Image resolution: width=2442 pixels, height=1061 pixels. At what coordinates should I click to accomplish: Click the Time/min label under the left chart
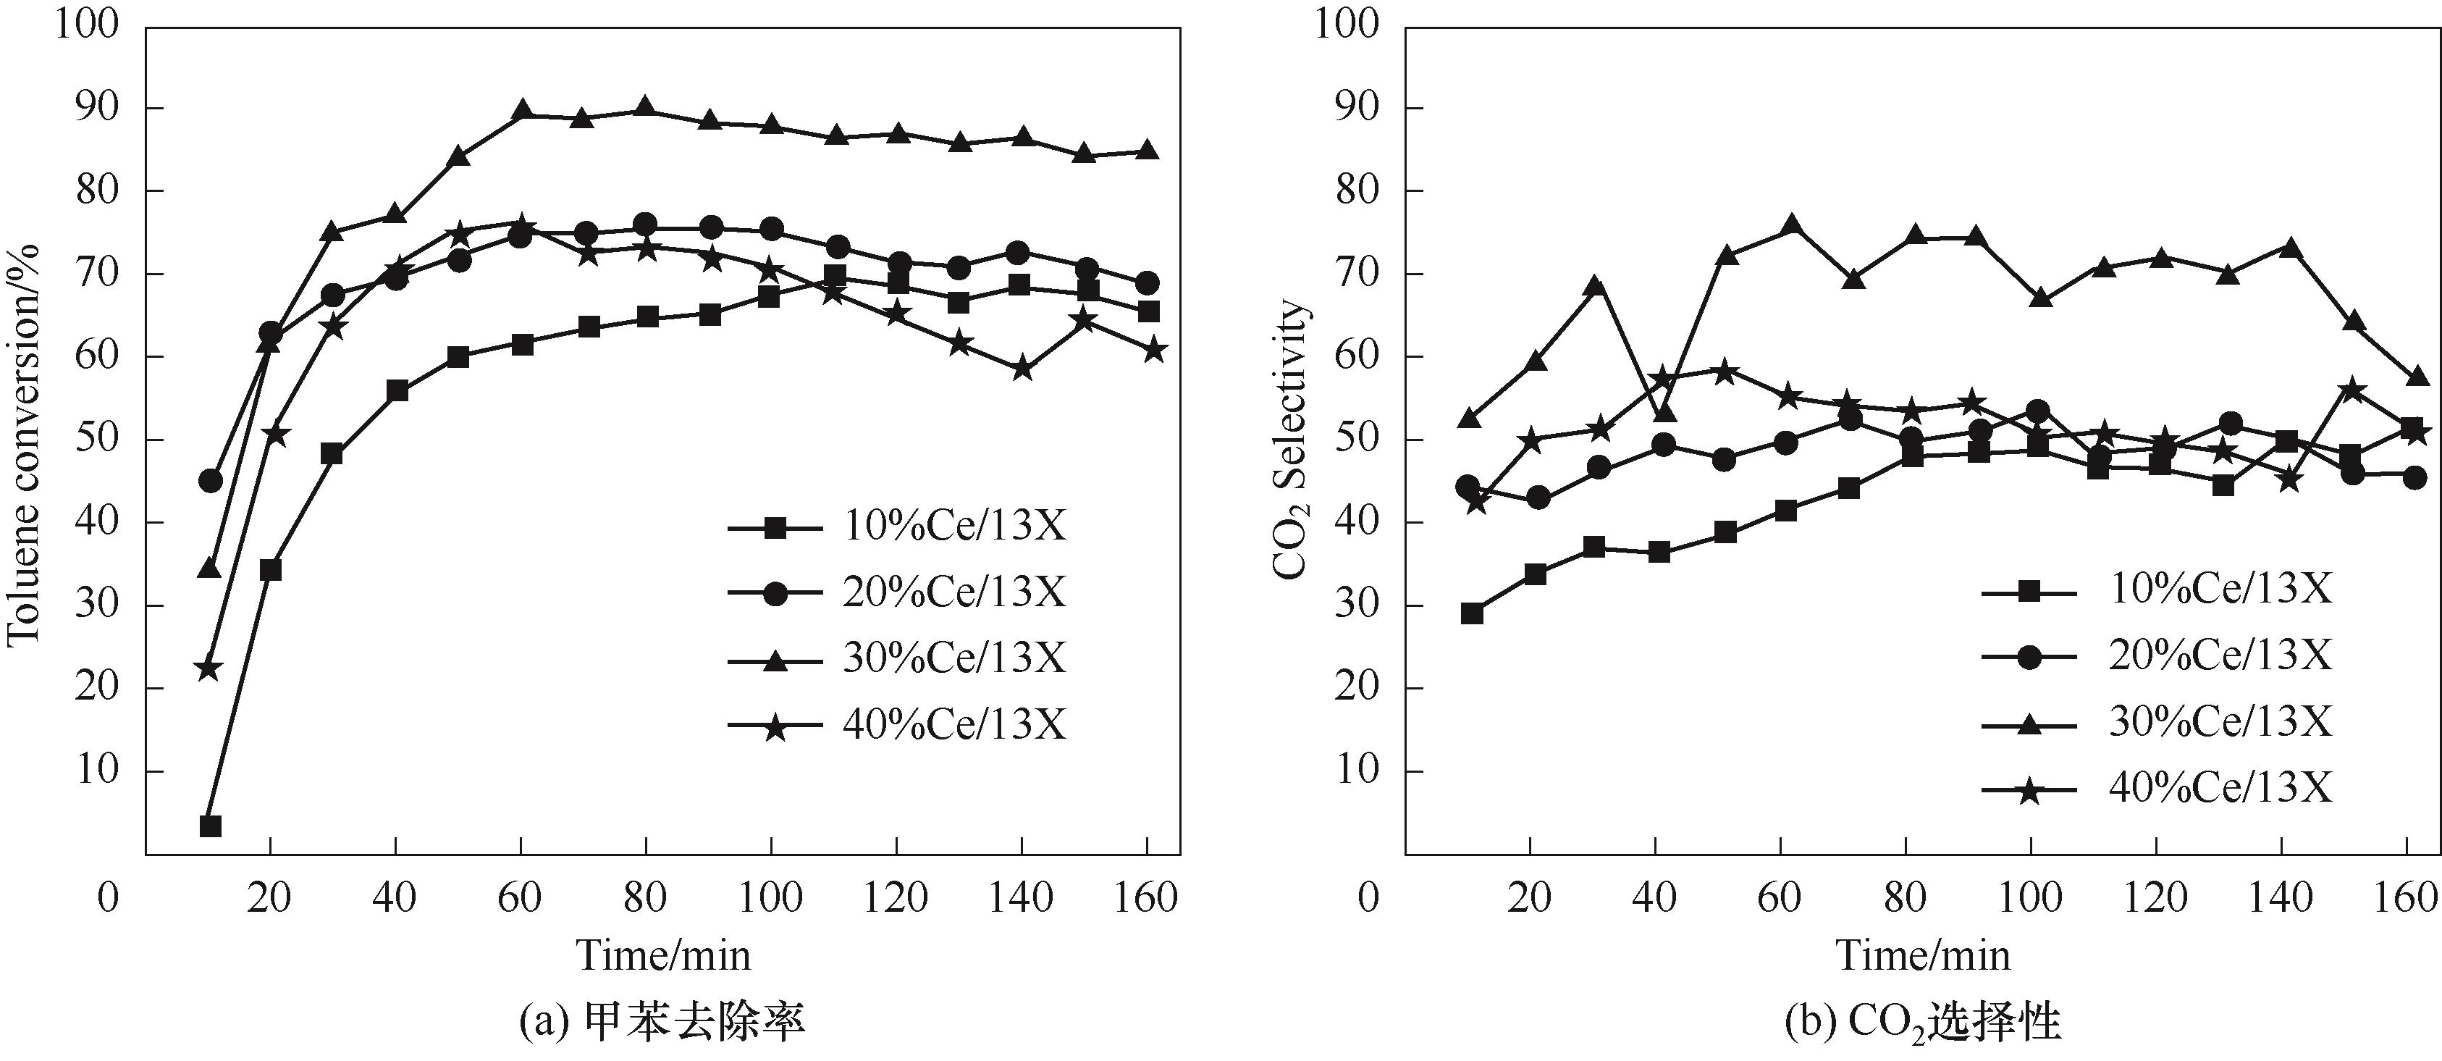(x=664, y=955)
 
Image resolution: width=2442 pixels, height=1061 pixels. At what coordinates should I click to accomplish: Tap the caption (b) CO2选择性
(x=1924, y=1025)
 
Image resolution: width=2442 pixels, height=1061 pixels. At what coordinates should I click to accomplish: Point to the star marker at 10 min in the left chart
(x=209, y=669)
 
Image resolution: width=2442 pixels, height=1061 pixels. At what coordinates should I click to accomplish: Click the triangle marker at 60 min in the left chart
(x=521, y=111)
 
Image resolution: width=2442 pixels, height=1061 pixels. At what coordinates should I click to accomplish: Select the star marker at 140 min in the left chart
(x=1022, y=369)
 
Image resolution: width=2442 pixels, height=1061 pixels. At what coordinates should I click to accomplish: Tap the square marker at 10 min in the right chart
(x=1471, y=613)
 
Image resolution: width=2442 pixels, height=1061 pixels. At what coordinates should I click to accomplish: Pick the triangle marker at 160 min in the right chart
(x=2417, y=377)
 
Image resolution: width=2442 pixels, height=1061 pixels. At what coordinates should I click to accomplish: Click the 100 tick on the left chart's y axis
(x=87, y=25)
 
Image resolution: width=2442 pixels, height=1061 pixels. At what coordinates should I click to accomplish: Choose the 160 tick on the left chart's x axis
(x=1146, y=896)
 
